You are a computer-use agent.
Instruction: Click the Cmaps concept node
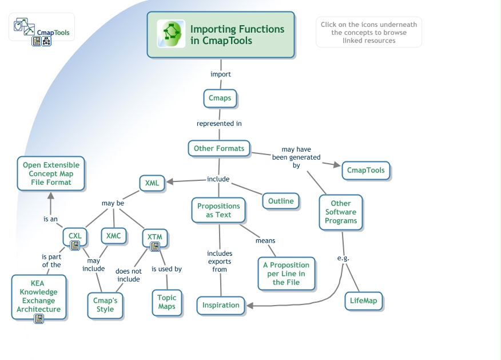click(220, 98)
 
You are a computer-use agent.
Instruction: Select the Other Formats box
click(219, 148)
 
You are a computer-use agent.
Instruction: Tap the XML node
click(152, 183)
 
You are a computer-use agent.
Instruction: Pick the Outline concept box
click(281, 201)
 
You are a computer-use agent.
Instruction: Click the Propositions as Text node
click(218, 210)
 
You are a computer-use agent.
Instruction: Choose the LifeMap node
click(364, 300)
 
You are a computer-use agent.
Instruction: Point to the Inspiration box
click(221, 305)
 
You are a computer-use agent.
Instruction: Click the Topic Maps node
click(167, 302)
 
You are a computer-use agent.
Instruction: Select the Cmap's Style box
click(105, 305)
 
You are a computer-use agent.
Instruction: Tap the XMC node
click(113, 236)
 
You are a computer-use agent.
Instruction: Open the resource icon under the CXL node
click(75, 246)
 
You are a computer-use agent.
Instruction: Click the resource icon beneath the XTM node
click(154, 247)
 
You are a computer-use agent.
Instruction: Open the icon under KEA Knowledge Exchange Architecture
click(39, 319)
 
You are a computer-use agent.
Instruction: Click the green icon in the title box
click(172, 34)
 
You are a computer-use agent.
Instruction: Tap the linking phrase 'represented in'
click(219, 124)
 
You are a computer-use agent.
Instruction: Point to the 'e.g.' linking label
click(343, 258)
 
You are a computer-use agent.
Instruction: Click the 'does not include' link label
click(129, 275)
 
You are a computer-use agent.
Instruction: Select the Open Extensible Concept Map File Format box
click(51, 173)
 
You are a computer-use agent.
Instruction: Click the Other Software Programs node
click(341, 212)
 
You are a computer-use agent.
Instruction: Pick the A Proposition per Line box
click(286, 274)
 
